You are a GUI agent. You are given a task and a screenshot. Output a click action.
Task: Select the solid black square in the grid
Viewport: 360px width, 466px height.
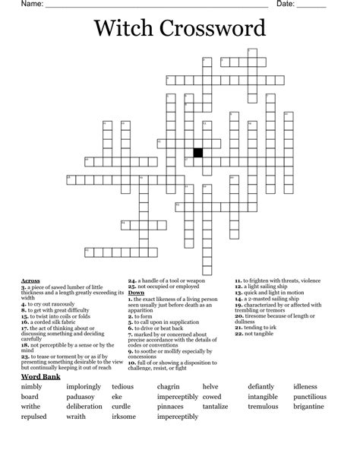click(x=198, y=152)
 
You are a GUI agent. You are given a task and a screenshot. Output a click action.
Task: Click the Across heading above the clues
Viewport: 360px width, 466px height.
click(x=31, y=281)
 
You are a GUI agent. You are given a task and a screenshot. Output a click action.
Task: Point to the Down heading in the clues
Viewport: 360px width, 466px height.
click(x=137, y=293)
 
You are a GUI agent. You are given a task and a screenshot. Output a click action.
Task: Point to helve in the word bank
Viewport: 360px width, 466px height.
click(x=210, y=366)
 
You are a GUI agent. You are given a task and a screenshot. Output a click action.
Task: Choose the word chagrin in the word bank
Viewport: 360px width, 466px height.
click(x=168, y=366)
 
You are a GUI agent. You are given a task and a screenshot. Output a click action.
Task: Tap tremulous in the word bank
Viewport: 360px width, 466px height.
click(x=264, y=385)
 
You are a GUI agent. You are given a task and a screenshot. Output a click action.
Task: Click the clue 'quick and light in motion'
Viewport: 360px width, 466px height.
click(x=273, y=293)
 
